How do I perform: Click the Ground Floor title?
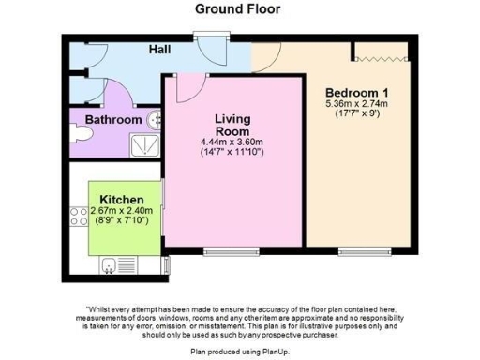[x=238, y=9]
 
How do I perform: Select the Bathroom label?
[x=112, y=120]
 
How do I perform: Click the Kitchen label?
[x=122, y=200]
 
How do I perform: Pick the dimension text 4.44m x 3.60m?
[x=233, y=142]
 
